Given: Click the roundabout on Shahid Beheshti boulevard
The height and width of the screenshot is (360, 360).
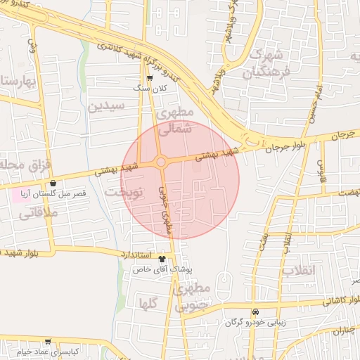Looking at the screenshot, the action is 161,162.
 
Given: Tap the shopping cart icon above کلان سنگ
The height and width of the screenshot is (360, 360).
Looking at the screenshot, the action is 149,78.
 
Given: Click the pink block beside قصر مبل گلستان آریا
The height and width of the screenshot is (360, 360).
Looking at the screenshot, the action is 19,194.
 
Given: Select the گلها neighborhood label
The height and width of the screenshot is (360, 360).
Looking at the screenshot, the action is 148,304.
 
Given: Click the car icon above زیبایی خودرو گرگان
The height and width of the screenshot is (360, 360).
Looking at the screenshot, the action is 256,312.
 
